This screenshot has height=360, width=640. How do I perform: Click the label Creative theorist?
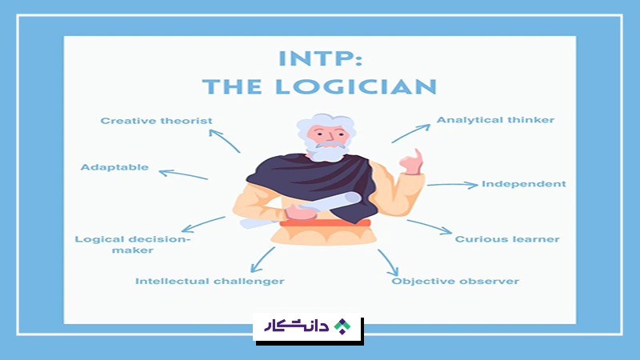[x=156, y=121]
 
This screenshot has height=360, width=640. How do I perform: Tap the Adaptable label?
[x=114, y=168]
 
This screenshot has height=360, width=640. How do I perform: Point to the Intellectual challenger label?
[x=210, y=282]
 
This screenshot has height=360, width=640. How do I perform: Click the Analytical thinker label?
[x=495, y=121]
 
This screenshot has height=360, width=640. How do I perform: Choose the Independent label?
[x=523, y=184]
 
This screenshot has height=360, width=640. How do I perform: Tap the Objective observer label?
[x=455, y=282]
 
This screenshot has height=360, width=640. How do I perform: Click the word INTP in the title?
[x=317, y=58]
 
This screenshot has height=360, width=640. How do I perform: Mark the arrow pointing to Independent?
[x=452, y=185]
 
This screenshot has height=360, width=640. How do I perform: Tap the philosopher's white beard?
[x=324, y=152]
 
